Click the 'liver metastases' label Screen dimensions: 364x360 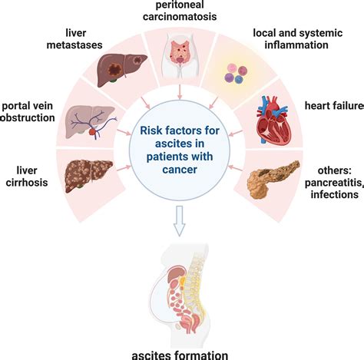pyautogui.click(x=74, y=39)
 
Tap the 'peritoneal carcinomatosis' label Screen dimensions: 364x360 pyautogui.click(x=180, y=11)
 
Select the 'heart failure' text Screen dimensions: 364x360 pyautogui.click(x=334, y=105)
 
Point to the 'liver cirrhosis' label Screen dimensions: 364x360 pyautogui.click(x=27, y=177)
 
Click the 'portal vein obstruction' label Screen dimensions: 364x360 pyautogui.click(x=27, y=112)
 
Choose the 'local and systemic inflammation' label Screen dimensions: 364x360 pyautogui.click(x=298, y=39)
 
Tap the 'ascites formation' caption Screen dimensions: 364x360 pyautogui.click(x=180, y=355)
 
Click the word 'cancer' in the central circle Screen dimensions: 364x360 pyautogui.click(x=180, y=170)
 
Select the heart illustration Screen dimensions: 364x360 pyautogui.click(x=273, y=120)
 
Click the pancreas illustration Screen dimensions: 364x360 pyautogui.click(x=273, y=180)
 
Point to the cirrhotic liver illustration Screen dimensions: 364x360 pyautogui.click(x=88, y=176)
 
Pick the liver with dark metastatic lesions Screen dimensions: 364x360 pyautogui.click(x=122, y=70)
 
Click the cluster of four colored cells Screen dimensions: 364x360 pyautogui.click(x=236, y=74)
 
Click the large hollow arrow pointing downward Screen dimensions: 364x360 pyautogui.click(x=180, y=221)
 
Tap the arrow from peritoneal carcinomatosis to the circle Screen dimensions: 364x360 pyautogui.click(x=180, y=91)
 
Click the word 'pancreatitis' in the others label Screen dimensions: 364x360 pyautogui.click(x=334, y=183)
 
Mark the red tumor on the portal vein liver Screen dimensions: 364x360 pyautogui.click(x=92, y=132)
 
